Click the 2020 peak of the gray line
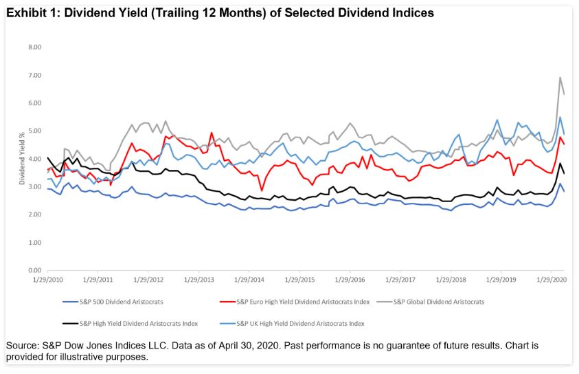(560, 77)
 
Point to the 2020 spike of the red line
(560, 137)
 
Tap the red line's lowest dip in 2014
(262, 190)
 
